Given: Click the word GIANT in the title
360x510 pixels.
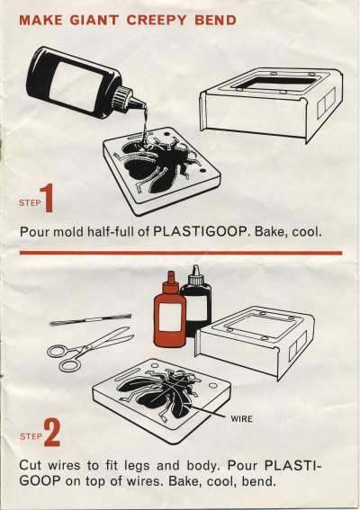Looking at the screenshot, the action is pyautogui.click(x=94, y=21).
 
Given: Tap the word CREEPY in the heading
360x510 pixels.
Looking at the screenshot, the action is pyautogui.click(x=157, y=21).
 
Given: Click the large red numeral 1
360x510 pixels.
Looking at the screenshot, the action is pyautogui.click(x=47, y=198).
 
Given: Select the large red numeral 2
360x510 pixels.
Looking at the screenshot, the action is pyautogui.click(x=52, y=433).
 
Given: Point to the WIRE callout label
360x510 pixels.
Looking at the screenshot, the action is pyautogui.click(x=241, y=419).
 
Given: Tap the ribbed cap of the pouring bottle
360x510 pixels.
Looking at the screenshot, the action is pyautogui.click(x=121, y=96).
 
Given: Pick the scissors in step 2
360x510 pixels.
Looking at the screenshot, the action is pyautogui.click(x=88, y=349).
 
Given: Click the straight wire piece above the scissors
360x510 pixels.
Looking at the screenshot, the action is pyautogui.click(x=91, y=319).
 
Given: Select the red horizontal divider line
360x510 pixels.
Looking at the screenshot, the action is pyautogui.click(x=181, y=253).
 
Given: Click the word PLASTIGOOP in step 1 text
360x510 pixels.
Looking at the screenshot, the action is pyautogui.click(x=200, y=232).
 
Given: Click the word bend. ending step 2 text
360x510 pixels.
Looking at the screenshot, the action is pyautogui.click(x=258, y=480).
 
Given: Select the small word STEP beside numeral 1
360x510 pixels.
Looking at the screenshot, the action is pyautogui.click(x=30, y=203).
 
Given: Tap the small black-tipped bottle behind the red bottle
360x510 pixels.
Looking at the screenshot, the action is pyautogui.click(x=196, y=298).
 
